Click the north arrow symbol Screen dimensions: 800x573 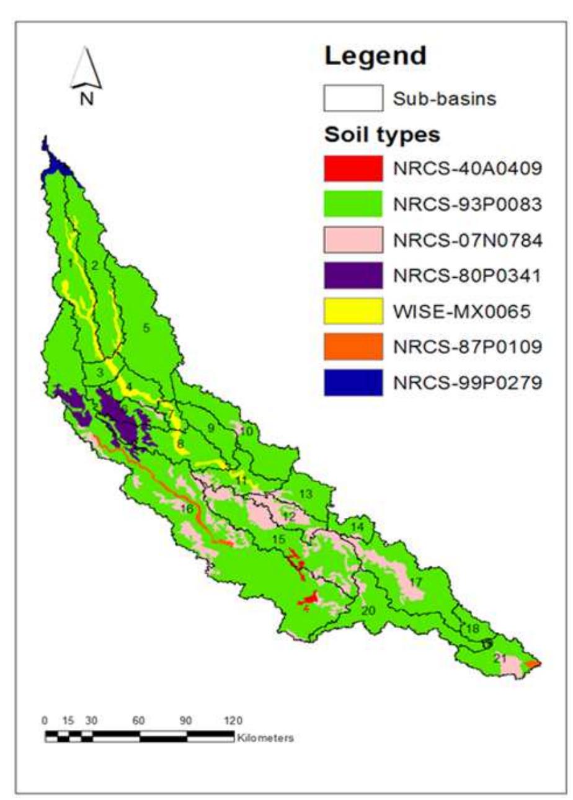pos(86,70)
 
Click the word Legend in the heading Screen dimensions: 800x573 pos(376,56)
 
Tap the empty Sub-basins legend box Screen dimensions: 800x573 pos(352,98)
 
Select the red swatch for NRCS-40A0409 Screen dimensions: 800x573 pos(352,169)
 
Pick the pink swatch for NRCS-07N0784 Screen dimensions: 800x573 pos(352,240)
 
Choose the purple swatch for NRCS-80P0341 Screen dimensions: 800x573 pos(352,275)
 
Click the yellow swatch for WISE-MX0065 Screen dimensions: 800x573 pos(352,311)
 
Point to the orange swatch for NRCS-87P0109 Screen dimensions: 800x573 pos(352,347)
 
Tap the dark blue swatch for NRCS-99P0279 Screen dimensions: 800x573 pos(352,383)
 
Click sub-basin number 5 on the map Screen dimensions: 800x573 pos(147,328)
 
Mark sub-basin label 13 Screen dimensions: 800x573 pos(305,494)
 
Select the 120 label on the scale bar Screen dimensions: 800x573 pos(233,721)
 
